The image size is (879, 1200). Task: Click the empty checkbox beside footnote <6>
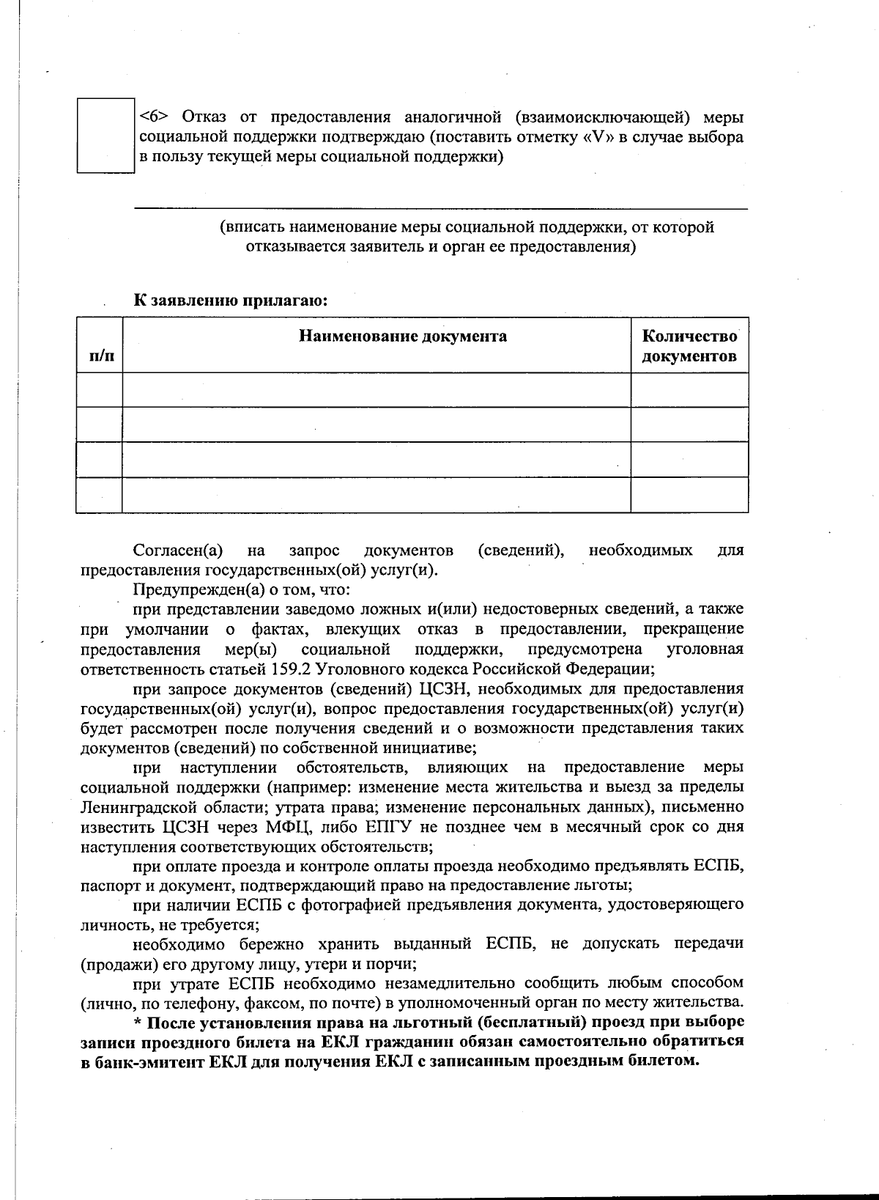coord(105,136)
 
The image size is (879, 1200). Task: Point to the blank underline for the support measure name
coord(439,207)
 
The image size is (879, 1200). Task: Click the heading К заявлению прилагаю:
coord(229,300)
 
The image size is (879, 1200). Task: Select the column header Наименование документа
coord(402,336)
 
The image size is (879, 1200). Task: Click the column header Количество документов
coord(689,346)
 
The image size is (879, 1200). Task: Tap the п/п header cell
coord(101,356)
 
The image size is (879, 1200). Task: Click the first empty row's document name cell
coord(376,390)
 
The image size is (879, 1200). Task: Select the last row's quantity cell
coord(689,495)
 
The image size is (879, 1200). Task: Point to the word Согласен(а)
coord(178,550)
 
